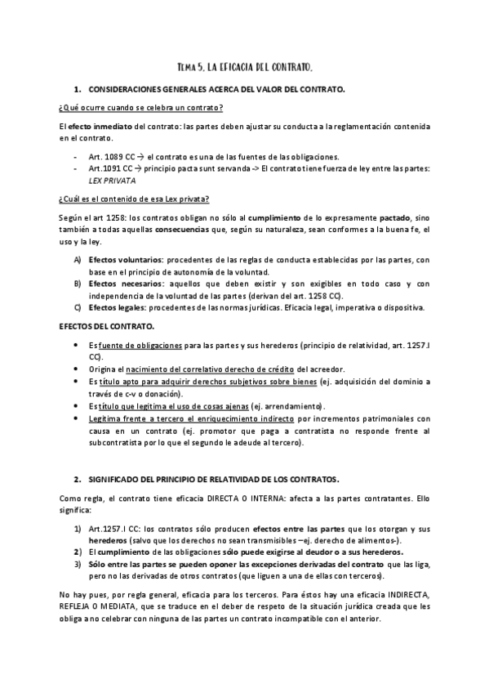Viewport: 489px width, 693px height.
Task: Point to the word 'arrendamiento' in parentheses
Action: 294,406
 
